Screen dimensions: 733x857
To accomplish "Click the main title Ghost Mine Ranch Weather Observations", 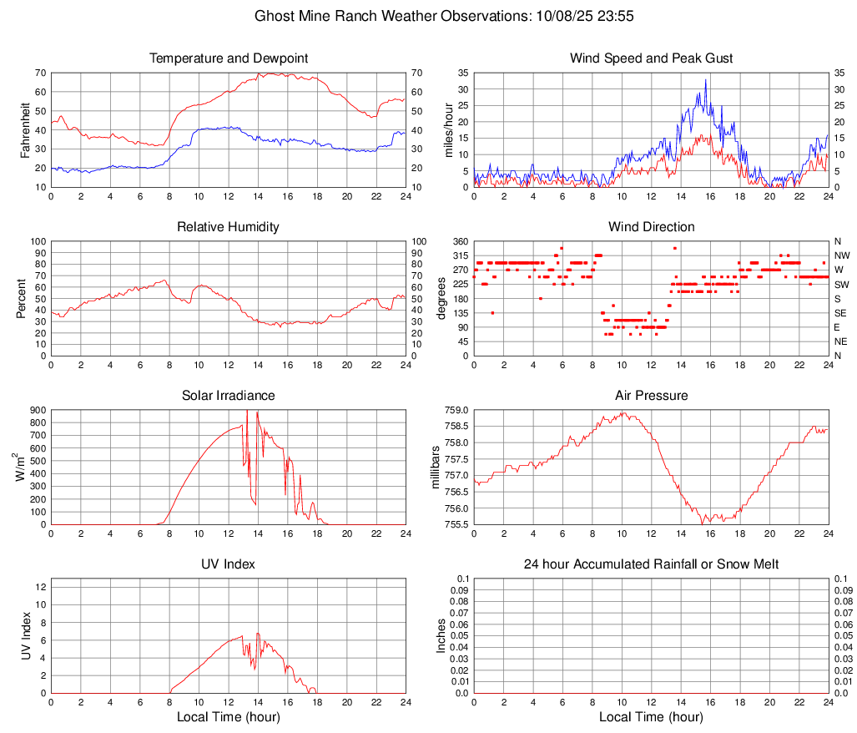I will pyautogui.click(x=428, y=16).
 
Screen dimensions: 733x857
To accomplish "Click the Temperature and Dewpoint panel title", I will pyautogui.click(x=229, y=58).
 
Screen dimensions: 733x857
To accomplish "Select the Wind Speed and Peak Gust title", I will pyautogui.click(x=651, y=58).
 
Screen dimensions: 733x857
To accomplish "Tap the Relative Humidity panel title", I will pyautogui.click(x=229, y=227).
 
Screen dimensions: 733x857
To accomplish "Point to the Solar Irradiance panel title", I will pyautogui.click(x=229, y=396).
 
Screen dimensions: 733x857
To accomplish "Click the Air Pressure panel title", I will pyautogui.click(x=651, y=396).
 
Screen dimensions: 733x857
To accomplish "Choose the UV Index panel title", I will pyautogui.click(x=229, y=564).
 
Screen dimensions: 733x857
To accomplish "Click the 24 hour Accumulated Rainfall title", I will pyautogui.click(x=651, y=564).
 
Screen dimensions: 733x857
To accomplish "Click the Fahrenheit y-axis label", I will pyautogui.click(x=25, y=129).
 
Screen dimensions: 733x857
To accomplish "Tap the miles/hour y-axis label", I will pyautogui.click(x=448, y=129).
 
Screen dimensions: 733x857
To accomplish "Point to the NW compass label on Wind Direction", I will pyautogui.click(x=841, y=255).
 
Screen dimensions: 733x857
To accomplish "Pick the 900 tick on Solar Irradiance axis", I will pyautogui.click(x=37, y=410).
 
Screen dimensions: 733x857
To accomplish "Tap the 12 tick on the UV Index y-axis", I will pyautogui.click(x=39, y=587).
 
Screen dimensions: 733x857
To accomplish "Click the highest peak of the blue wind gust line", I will pyautogui.click(x=705, y=80).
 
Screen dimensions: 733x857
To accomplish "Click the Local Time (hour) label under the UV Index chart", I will pyautogui.click(x=229, y=717).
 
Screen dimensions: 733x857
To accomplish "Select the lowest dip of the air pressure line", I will pyautogui.click(x=706, y=523).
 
